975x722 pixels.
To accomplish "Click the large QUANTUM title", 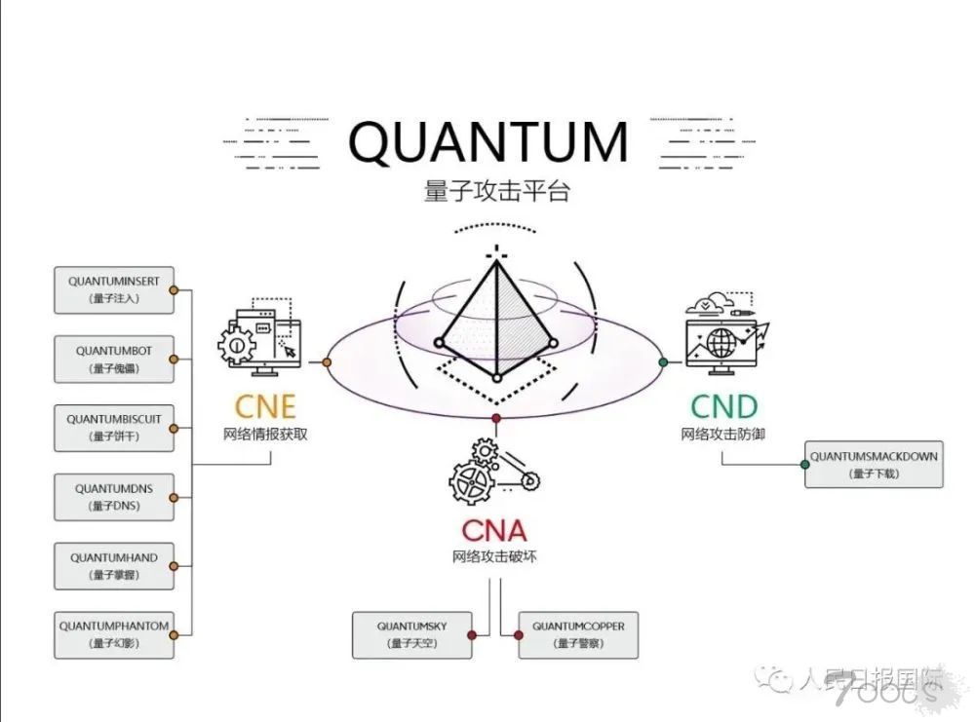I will [488, 142].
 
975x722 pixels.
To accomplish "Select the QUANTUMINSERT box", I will [114, 289].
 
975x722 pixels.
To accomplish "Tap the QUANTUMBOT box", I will [114, 359].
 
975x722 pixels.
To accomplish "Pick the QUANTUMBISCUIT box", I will [114, 428].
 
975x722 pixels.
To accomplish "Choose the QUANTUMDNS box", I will [114, 497].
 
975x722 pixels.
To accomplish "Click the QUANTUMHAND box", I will [114, 566].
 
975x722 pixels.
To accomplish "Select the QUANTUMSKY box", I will [411, 634].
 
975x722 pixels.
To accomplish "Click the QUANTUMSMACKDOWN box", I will [874, 464].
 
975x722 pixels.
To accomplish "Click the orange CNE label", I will [265, 405].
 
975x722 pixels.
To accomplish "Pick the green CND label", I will [723, 405].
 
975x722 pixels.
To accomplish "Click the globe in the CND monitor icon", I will [722, 343].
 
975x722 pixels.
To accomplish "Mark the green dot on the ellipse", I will [664, 361].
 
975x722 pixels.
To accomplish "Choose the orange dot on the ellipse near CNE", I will [327, 362].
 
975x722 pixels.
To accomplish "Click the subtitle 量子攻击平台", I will [496, 190].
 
